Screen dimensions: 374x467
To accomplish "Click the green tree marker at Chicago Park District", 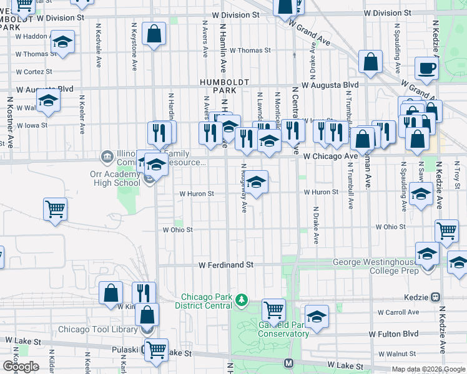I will pos(241,301).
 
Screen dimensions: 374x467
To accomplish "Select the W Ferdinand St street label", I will pos(225,265).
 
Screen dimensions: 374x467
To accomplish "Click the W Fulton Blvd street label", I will pos(393,334).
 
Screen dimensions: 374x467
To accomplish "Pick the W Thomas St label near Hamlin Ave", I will pos(250,50).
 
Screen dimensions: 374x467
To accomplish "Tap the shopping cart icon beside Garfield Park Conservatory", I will pos(273,309).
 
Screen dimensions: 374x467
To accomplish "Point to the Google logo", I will pos(21,367).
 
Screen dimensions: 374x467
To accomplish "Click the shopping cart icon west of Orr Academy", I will pos(56,209).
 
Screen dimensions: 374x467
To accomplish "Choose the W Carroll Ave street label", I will pos(398,312).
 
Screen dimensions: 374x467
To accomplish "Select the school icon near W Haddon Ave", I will pos(62,43).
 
